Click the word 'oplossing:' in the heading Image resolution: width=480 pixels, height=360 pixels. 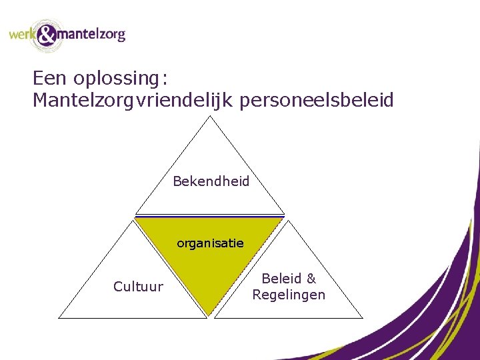point(121,79)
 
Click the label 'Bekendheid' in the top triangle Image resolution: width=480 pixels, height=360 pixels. point(211,181)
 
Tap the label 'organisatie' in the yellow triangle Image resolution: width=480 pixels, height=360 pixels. point(210,243)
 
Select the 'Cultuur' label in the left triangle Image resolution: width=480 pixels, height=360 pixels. point(138,287)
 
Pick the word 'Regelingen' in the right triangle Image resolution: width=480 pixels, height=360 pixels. point(289,295)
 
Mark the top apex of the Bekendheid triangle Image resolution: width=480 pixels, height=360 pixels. point(210,116)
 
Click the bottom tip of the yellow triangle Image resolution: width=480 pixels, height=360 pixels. point(210,315)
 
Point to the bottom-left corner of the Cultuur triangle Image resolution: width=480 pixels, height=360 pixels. point(59,318)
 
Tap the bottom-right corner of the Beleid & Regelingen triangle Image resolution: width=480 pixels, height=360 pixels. point(363,318)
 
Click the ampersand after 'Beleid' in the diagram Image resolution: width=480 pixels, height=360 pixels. point(310,279)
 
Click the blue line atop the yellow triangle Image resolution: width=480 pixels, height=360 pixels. point(210,215)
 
